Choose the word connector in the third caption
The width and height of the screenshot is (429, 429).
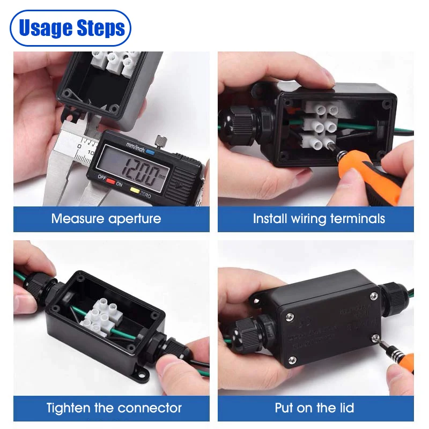coord(149,408)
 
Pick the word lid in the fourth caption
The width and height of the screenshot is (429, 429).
coord(346,408)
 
